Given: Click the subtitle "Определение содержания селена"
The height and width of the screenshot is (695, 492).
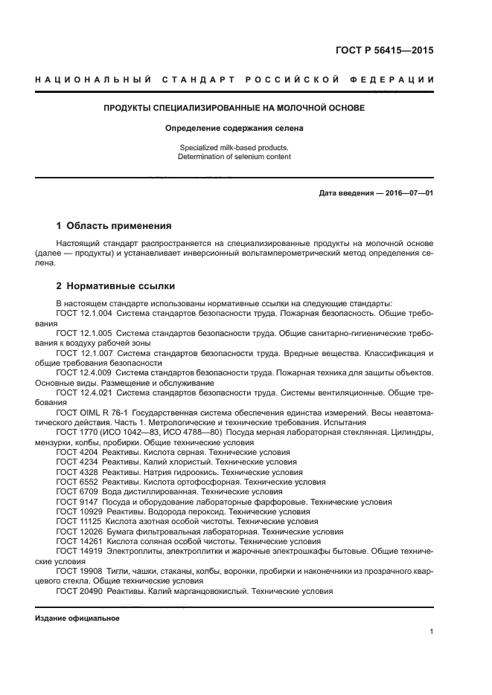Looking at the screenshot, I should point(234,128).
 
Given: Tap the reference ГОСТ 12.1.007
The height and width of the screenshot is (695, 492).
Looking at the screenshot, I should point(84,354).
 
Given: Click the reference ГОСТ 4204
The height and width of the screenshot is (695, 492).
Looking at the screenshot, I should point(77,451).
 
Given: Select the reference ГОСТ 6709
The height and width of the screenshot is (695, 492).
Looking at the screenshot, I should point(77,491).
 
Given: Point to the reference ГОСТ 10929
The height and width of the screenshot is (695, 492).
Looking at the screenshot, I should point(79,511).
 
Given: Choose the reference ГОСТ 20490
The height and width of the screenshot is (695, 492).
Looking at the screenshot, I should point(79,590).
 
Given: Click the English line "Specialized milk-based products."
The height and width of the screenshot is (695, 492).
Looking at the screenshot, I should point(234,147).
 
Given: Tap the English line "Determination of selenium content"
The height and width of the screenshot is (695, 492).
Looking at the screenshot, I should point(234,157).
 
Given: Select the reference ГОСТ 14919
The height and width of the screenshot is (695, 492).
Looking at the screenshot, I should point(79,551).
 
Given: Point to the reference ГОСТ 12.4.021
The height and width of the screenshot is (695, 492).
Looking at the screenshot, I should point(84,392).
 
